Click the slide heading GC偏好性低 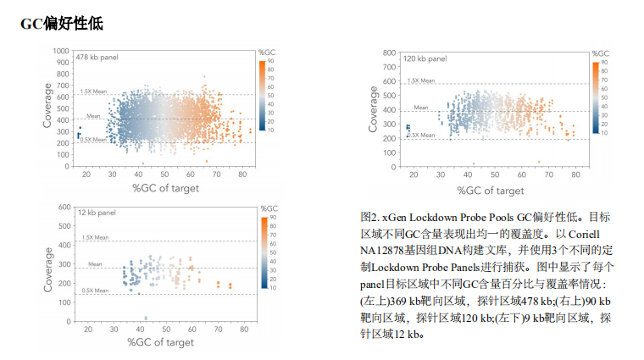[62, 24]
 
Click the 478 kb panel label [95, 57]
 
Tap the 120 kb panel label [425, 59]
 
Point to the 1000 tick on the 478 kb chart [60, 51]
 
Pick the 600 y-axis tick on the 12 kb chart [64, 207]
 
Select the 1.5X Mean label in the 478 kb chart [93, 91]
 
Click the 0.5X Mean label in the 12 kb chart [95, 291]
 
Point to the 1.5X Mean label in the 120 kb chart [421, 80]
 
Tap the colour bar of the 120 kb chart [597, 97]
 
